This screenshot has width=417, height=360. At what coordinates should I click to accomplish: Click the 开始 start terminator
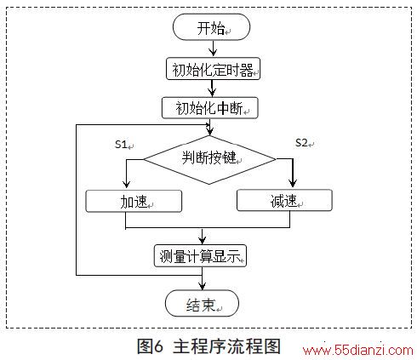(211, 27)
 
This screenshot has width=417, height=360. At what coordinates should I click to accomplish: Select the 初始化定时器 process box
(213, 69)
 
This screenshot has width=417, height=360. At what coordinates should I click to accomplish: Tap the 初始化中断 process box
(210, 108)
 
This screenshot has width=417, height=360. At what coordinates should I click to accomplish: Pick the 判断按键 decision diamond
(209, 160)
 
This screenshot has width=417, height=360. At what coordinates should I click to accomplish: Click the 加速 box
(134, 201)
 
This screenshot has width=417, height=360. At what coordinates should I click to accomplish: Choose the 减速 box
(284, 200)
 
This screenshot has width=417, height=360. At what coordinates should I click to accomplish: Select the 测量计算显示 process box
(200, 255)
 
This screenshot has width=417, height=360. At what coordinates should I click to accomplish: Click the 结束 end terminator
(202, 303)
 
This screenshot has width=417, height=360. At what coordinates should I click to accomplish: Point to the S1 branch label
(121, 145)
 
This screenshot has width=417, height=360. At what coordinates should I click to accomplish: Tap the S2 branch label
(301, 143)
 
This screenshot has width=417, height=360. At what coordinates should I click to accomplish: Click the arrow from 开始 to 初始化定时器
(213, 49)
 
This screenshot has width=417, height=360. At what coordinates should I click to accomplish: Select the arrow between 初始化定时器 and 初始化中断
(212, 89)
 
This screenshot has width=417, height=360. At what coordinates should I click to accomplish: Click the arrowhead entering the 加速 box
(127, 185)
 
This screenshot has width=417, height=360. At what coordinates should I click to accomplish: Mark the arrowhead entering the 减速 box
(293, 183)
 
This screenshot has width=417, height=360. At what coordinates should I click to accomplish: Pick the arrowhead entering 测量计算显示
(203, 241)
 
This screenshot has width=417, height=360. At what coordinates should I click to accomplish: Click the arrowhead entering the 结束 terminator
(202, 286)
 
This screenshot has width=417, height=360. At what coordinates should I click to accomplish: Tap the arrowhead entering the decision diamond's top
(209, 131)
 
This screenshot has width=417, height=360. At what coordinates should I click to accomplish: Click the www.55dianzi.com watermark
(358, 351)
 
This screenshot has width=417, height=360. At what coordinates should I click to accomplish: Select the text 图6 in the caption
(151, 346)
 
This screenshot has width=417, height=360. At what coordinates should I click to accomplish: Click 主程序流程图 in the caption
(226, 346)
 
